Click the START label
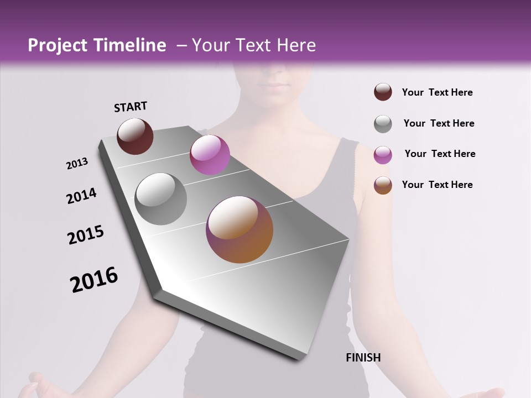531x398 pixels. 131,107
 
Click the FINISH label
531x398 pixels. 363,358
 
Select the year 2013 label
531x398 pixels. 77,164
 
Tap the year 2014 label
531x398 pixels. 81,196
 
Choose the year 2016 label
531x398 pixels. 94,280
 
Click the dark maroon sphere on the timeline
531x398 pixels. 135,136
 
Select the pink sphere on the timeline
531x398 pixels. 210,155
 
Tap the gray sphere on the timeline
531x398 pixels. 161,198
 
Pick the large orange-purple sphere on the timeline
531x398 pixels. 240,229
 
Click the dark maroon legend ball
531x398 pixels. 383,92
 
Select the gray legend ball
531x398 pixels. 383,123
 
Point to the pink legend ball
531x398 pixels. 383,154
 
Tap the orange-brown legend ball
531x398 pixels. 383,185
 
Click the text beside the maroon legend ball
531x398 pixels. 437,92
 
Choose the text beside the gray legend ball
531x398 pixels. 439,123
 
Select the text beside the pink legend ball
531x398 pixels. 440,154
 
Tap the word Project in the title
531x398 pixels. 58,46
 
